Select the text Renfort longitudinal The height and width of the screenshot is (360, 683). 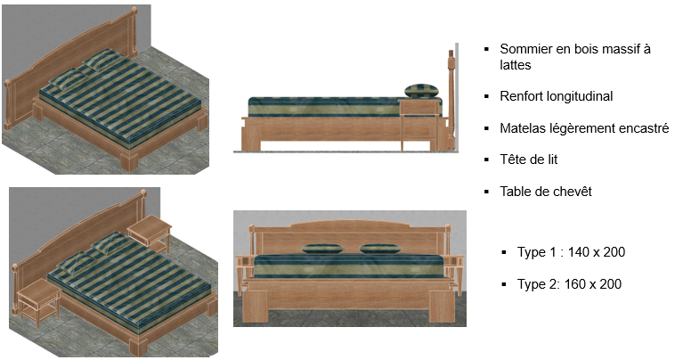tap(557, 96)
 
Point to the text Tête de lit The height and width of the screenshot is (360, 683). tap(528, 160)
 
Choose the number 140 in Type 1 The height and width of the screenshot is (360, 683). tap(579, 252)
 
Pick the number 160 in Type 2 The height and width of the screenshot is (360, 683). tap(575, 284)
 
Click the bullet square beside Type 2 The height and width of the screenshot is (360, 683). tap(504, 284)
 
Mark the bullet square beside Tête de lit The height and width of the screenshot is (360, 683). tap(486, 160)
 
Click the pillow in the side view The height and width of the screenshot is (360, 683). tap(421, 91)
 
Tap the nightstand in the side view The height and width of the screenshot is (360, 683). tap(419, 124)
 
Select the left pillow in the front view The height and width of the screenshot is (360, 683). tap(322, 249)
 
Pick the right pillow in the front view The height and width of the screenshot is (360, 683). tap(380, 249)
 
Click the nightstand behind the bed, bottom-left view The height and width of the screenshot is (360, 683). tap(150, 233)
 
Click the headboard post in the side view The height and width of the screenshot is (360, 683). tap(451, 100)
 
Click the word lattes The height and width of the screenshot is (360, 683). tap(516, 65)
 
